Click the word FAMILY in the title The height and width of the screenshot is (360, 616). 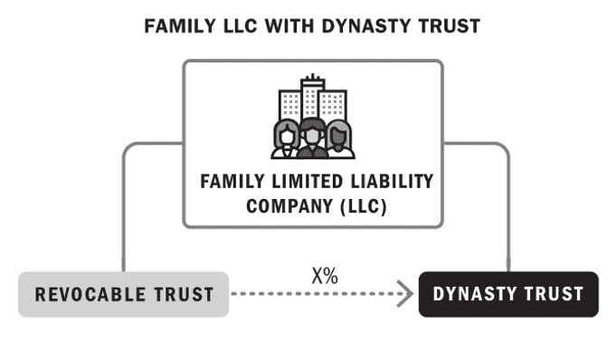[x=175, y=26]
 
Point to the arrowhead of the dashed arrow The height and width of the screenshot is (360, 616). [x=405, y=294]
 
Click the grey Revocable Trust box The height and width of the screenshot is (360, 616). [x=124, y=294]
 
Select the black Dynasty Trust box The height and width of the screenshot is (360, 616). [x=508, y=294]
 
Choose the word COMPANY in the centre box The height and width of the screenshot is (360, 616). [x=284, y=206]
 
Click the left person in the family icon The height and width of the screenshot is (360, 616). [x=284, y=136]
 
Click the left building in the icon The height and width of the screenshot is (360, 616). [x=289, y=101]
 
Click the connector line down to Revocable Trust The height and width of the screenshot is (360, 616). [x=123, y=208]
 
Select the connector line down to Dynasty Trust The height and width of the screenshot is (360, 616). [x=508, y=208]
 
